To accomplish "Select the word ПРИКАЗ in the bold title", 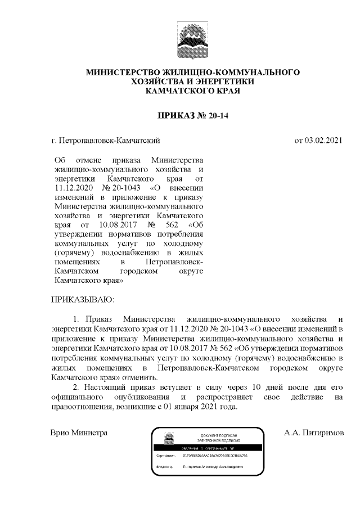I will pos(175,116).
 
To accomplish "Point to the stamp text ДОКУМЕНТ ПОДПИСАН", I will pos(219,435).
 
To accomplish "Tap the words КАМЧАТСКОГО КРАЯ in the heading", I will pos(192,91).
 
